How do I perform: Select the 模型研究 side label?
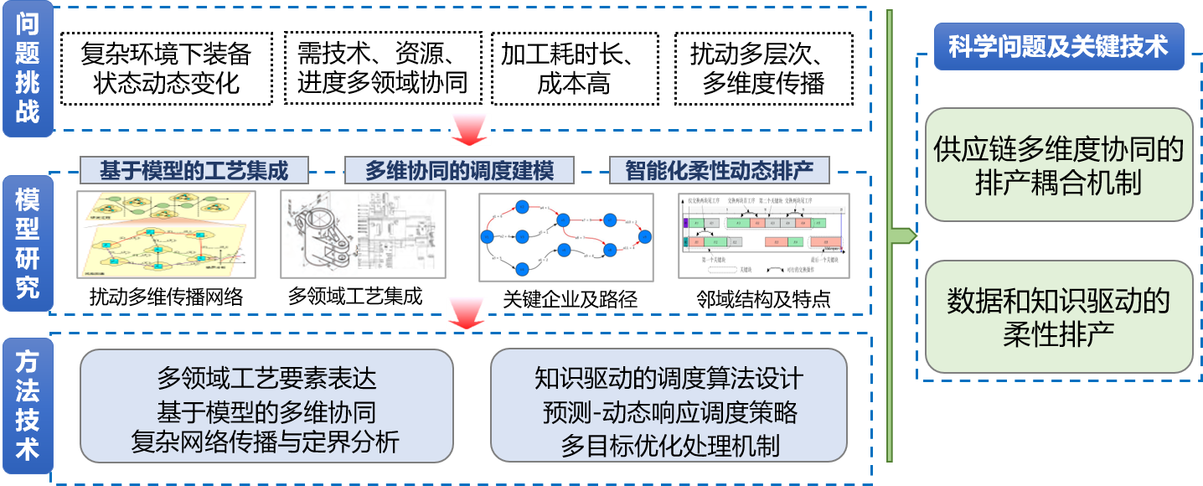27,243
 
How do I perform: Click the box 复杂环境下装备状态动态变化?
167,69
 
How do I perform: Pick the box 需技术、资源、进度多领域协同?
383,69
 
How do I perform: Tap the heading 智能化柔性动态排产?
720,171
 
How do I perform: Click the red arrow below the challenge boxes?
470,130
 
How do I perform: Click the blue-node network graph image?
565,237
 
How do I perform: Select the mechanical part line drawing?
363,234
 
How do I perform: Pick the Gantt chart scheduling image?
764,235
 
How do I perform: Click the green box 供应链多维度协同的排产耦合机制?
1058,165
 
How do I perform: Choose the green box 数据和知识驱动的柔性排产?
1058,317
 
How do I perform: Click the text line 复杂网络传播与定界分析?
266,441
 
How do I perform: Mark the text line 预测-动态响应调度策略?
669,412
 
